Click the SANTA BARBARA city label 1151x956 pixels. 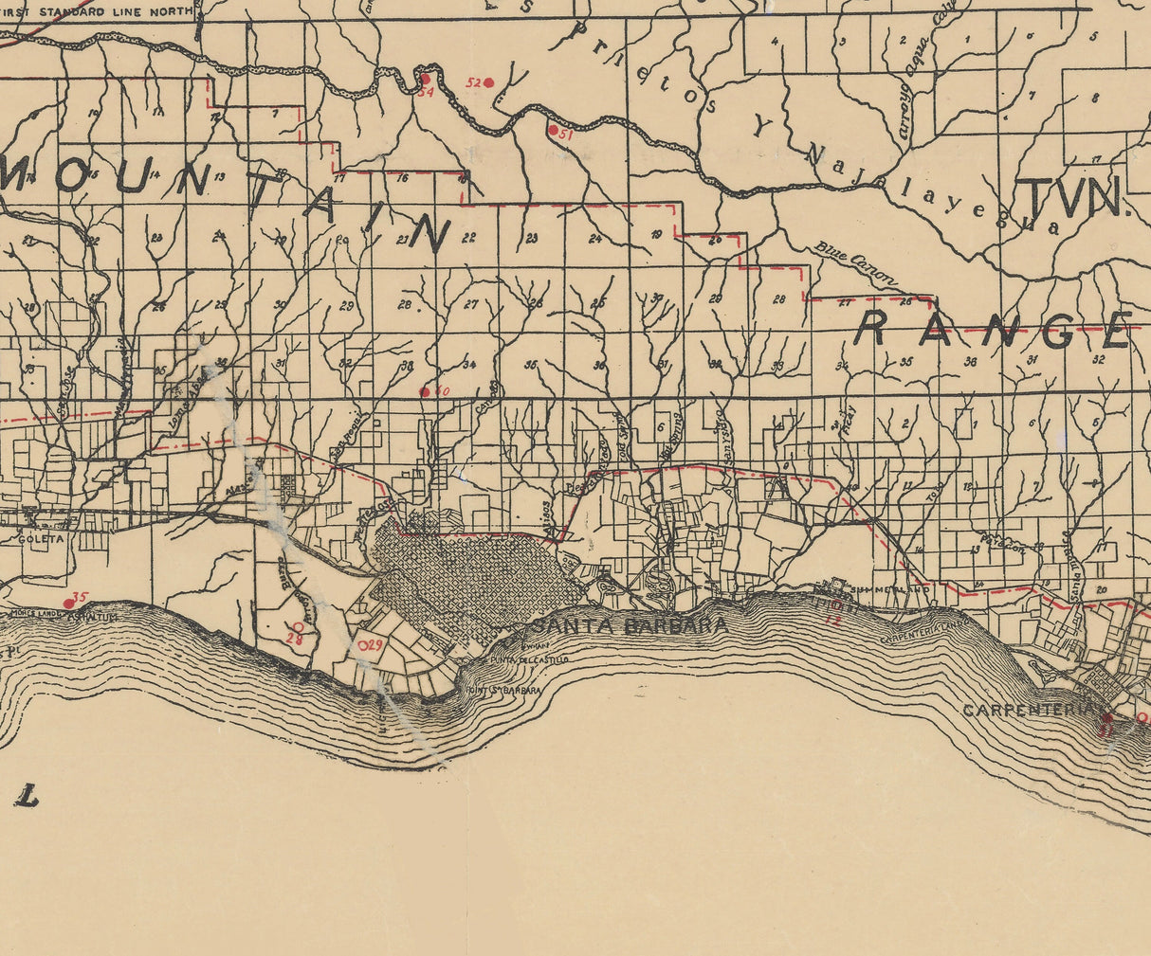click(630, 625)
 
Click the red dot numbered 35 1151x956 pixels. click(68, 603)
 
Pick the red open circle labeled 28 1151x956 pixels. click(298, 627)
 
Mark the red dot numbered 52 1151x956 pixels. click(489, 83)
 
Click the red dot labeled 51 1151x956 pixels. click(553, 130)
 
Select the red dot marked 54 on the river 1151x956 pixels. click(426, 80)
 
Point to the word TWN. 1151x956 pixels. click(1072, 198)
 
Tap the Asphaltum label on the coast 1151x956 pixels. click(97, 617)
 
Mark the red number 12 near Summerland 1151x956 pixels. click(833, 619)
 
